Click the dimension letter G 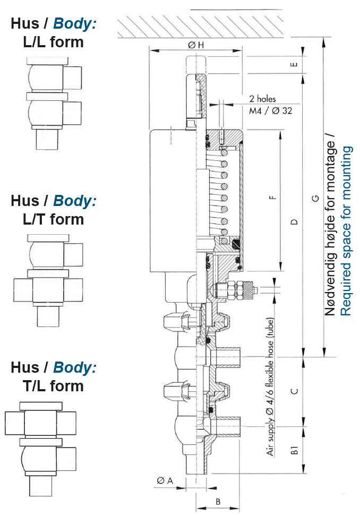(x=315, y=198)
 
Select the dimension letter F (x=273, y=199)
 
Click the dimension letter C (x=295, y=391)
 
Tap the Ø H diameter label (x=195, y=45)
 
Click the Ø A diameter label (x=165, y=480)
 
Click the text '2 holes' (x=262, y=99)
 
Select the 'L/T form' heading (x=53, y=219)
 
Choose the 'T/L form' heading (x=53, y=385)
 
